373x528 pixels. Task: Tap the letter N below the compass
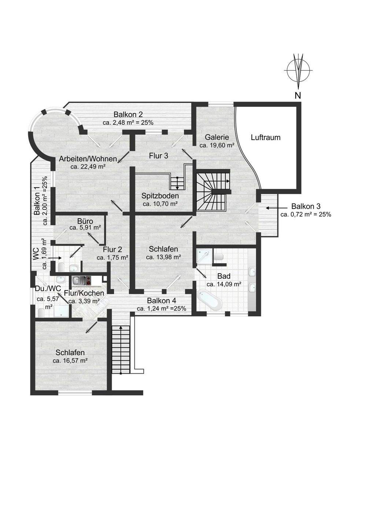tap(298, 96)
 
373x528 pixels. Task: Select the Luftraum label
tap(266, 137)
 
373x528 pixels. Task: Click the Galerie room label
tap(217, 137)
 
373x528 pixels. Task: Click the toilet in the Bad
tap(219, 256)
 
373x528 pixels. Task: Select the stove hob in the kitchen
tap(88, 281)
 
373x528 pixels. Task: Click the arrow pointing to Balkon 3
tap(272, 208)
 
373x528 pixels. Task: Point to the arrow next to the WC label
tap(55, 258)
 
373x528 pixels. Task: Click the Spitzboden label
tap(160, 196)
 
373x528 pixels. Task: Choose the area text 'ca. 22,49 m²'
tap(88, 166)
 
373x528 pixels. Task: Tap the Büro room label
tap(85, 221)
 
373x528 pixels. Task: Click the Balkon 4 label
tap(162, 301)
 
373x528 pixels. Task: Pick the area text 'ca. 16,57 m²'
tap(70, 361)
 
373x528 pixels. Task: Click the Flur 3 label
tap(158, 155)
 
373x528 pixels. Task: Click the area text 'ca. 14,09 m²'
tap(224, 284)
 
